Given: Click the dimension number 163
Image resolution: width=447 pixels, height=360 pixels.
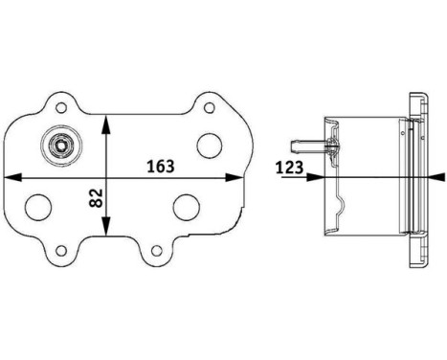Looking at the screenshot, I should (x=160, y=166).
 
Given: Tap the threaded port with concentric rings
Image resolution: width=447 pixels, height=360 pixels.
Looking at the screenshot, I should (x=63, y=146).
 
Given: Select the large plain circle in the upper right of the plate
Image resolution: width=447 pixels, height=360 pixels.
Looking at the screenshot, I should (x=209, y=145).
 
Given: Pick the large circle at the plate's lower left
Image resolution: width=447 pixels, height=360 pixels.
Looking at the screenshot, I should (x=40, y=208).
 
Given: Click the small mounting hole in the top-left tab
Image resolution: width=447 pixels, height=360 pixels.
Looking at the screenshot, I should (x=63, y=106).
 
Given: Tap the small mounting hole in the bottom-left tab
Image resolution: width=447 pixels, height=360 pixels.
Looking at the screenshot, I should (x=63, y=251).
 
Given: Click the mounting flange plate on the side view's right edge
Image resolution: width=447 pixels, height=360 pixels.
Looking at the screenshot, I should (x=417, y=177).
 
